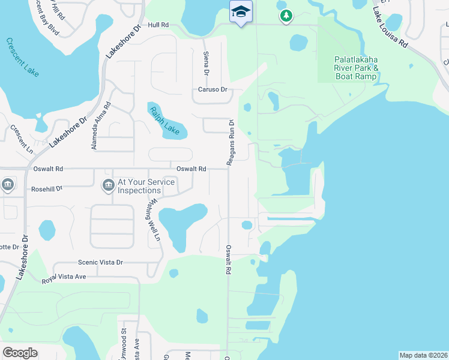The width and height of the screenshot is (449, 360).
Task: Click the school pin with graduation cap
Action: pyautogui.click(x=241, y=12)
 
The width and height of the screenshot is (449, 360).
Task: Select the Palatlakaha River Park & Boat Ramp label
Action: pyautogui.click(x=357, y=68)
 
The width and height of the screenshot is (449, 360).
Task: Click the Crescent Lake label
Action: pyautogui.click(x=23, y=57)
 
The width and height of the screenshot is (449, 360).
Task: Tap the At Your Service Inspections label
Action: pyautogui.click(x=146, y=186)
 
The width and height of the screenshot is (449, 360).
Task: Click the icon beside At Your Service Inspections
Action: pyautogui.click(x=108, y=185)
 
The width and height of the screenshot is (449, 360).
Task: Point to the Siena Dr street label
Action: pyautogui.click(x=206, y=63)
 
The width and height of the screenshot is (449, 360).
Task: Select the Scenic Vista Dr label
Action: pyautogui.click(x=100, y=262)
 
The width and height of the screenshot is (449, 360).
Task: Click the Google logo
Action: pyautogui.click(x=20, y=353)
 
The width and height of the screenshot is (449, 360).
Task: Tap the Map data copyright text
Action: pyautogui.click(x=423, y=355)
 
